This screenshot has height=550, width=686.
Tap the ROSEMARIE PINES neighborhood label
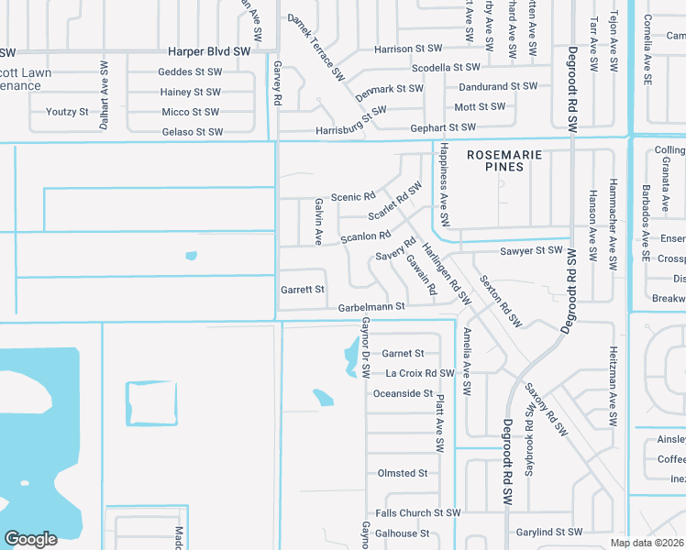(x=507, y=160)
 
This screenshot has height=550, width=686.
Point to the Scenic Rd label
(x=353, y=197)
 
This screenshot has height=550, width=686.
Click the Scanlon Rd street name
(x=366, y=237)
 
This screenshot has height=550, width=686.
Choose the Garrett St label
(x=303, y=290)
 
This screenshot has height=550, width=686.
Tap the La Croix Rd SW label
(x=420, y=373)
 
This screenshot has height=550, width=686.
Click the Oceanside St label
(x=403, y=393)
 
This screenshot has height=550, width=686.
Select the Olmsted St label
(x=403, y=473)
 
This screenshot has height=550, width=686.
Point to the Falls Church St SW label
(x=417, y=513)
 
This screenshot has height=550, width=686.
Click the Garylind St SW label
(x=548, y=532)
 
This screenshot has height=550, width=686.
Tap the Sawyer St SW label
(x=530, y=250)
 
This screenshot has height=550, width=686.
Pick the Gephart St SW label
(x=443, y=127)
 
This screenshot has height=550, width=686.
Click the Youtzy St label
(x=67, y=112)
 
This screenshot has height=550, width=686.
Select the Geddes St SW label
(x=190, y=71)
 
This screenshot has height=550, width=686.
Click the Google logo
(x=30, y=539)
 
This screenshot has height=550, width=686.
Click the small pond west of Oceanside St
(x=323, y=398)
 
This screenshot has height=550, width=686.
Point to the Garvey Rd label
(x=277, y=82)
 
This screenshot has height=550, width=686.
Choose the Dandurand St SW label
(x=498, y=85)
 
